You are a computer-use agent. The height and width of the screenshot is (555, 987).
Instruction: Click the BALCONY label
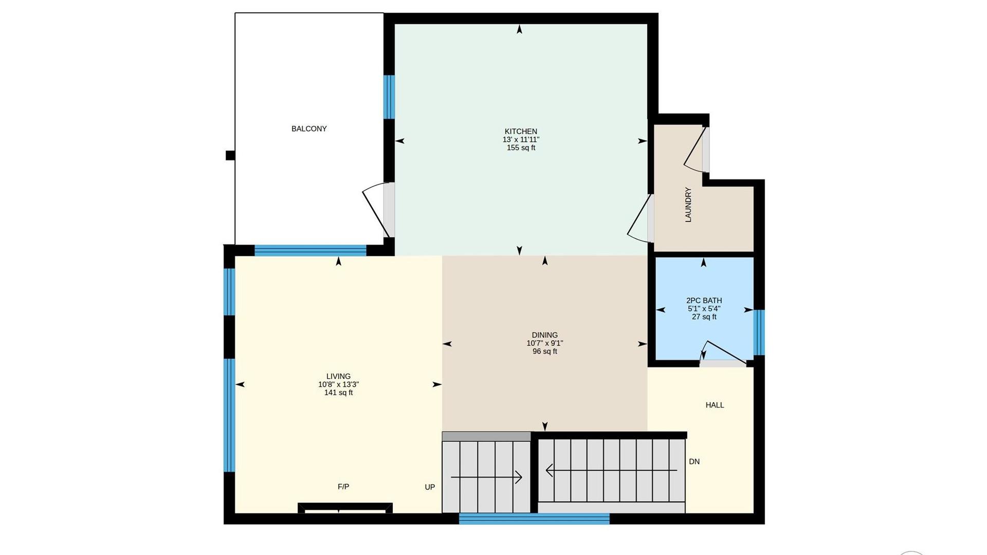(x=309, y=128)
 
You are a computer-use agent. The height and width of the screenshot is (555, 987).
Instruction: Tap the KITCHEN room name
(x=521, y=132)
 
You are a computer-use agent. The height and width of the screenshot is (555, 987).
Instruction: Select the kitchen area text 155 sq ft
(x=521, y=148)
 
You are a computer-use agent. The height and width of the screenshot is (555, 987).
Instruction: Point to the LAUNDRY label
(x=688, y=205)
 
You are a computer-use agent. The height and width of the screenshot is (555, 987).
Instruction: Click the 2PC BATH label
(x=704, y=301)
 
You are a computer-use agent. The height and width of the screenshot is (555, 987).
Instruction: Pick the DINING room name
(x=545, y=335)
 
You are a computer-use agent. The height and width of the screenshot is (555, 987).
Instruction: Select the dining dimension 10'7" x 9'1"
(x=545, y=343)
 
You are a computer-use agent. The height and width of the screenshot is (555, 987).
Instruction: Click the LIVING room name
(x=338, y=376)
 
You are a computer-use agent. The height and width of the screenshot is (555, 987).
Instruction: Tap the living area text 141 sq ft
(x=338, y=393)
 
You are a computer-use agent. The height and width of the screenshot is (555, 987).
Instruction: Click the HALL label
(x=715, y=405)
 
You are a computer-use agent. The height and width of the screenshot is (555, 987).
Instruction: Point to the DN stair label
(x=694, y=461)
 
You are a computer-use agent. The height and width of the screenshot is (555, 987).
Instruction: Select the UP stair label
(x=430, y=487)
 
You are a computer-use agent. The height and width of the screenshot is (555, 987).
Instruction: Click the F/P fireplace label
(x=343, y=487)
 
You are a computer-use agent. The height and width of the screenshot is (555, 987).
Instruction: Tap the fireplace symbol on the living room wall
(x=345, y=507)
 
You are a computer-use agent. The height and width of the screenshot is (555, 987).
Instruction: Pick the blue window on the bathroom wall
(x=759, y=332)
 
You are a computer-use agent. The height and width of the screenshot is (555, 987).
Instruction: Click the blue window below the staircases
(x=534, y=519)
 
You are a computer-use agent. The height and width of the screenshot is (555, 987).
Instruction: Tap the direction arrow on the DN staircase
(x=611, y=470)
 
